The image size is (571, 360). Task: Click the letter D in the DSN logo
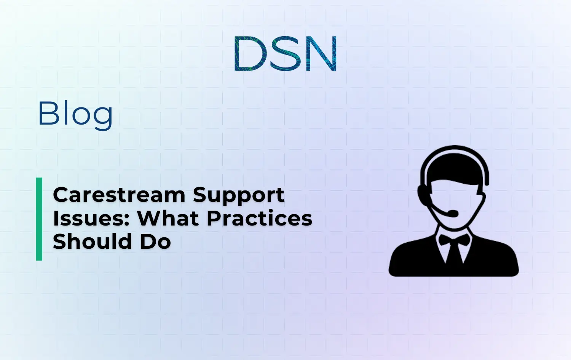[249, 54]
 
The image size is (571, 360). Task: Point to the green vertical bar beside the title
[39, 219]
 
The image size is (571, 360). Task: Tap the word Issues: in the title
[91, 219]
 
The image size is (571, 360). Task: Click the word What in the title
[168, 219]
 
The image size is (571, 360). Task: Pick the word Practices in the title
[259, 219]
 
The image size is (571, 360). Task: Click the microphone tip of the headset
[453, 213]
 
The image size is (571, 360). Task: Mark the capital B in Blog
[47, 113]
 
